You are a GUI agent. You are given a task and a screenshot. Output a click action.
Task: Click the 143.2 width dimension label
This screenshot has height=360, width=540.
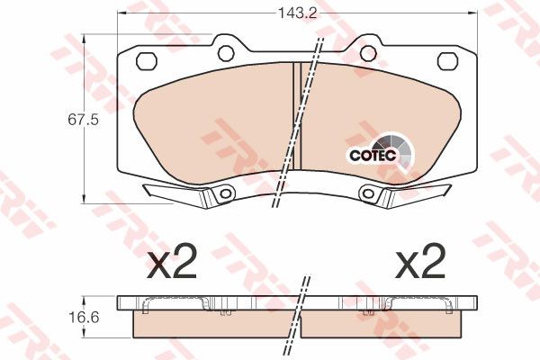pos(297,13)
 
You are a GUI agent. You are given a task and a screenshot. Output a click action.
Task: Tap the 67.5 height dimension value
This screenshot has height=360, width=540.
pos(84,120)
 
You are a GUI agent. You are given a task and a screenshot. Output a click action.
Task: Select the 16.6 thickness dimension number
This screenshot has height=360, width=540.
pos(84,317)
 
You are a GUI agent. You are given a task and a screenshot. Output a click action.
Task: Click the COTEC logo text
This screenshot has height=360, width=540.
pos(373,156)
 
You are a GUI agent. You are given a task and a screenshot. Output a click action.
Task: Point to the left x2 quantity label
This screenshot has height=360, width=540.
pos(171,262)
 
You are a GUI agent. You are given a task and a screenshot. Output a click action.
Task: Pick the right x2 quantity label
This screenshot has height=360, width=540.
pos(419,262)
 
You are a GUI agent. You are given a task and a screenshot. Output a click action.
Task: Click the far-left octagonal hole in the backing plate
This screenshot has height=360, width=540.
pos(147,61)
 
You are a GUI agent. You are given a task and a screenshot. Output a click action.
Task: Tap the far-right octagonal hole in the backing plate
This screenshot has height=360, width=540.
pos(447,61)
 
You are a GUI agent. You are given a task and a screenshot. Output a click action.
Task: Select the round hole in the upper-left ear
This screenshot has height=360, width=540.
pos(226,53)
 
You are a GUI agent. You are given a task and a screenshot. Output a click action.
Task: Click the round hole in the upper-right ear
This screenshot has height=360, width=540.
pos(368,53)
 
